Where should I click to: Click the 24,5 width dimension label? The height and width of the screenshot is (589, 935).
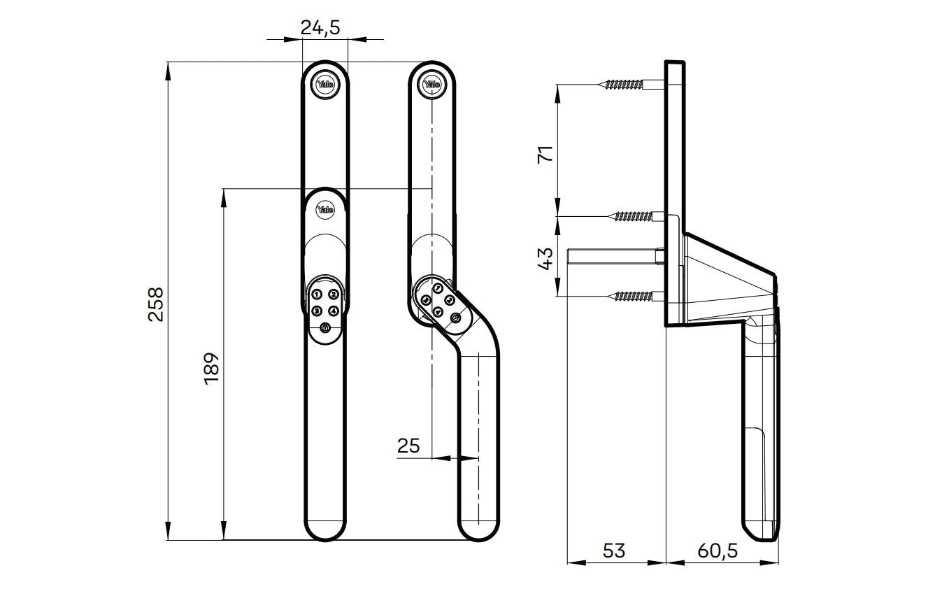point(320,28)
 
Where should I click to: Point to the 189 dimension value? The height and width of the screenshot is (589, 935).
point(211,367)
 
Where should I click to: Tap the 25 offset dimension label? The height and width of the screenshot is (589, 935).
point(408,445)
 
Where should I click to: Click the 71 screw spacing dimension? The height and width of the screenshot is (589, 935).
point(545,154)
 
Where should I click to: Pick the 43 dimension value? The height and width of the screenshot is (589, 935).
point(545,257)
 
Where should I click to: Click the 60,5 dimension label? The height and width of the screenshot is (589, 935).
point(718,551)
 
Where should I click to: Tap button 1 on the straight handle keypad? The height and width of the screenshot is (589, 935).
point(317,295)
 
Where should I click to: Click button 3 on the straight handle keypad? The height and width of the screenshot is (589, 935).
point(317,311)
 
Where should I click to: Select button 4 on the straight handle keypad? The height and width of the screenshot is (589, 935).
point(334,311)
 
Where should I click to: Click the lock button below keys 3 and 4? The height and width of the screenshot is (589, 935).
point(325,327)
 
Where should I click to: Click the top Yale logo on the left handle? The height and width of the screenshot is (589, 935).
point(325,85)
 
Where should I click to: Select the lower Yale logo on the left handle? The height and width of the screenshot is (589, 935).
point(325,209)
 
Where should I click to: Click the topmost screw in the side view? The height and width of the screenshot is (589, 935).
point(624,85)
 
